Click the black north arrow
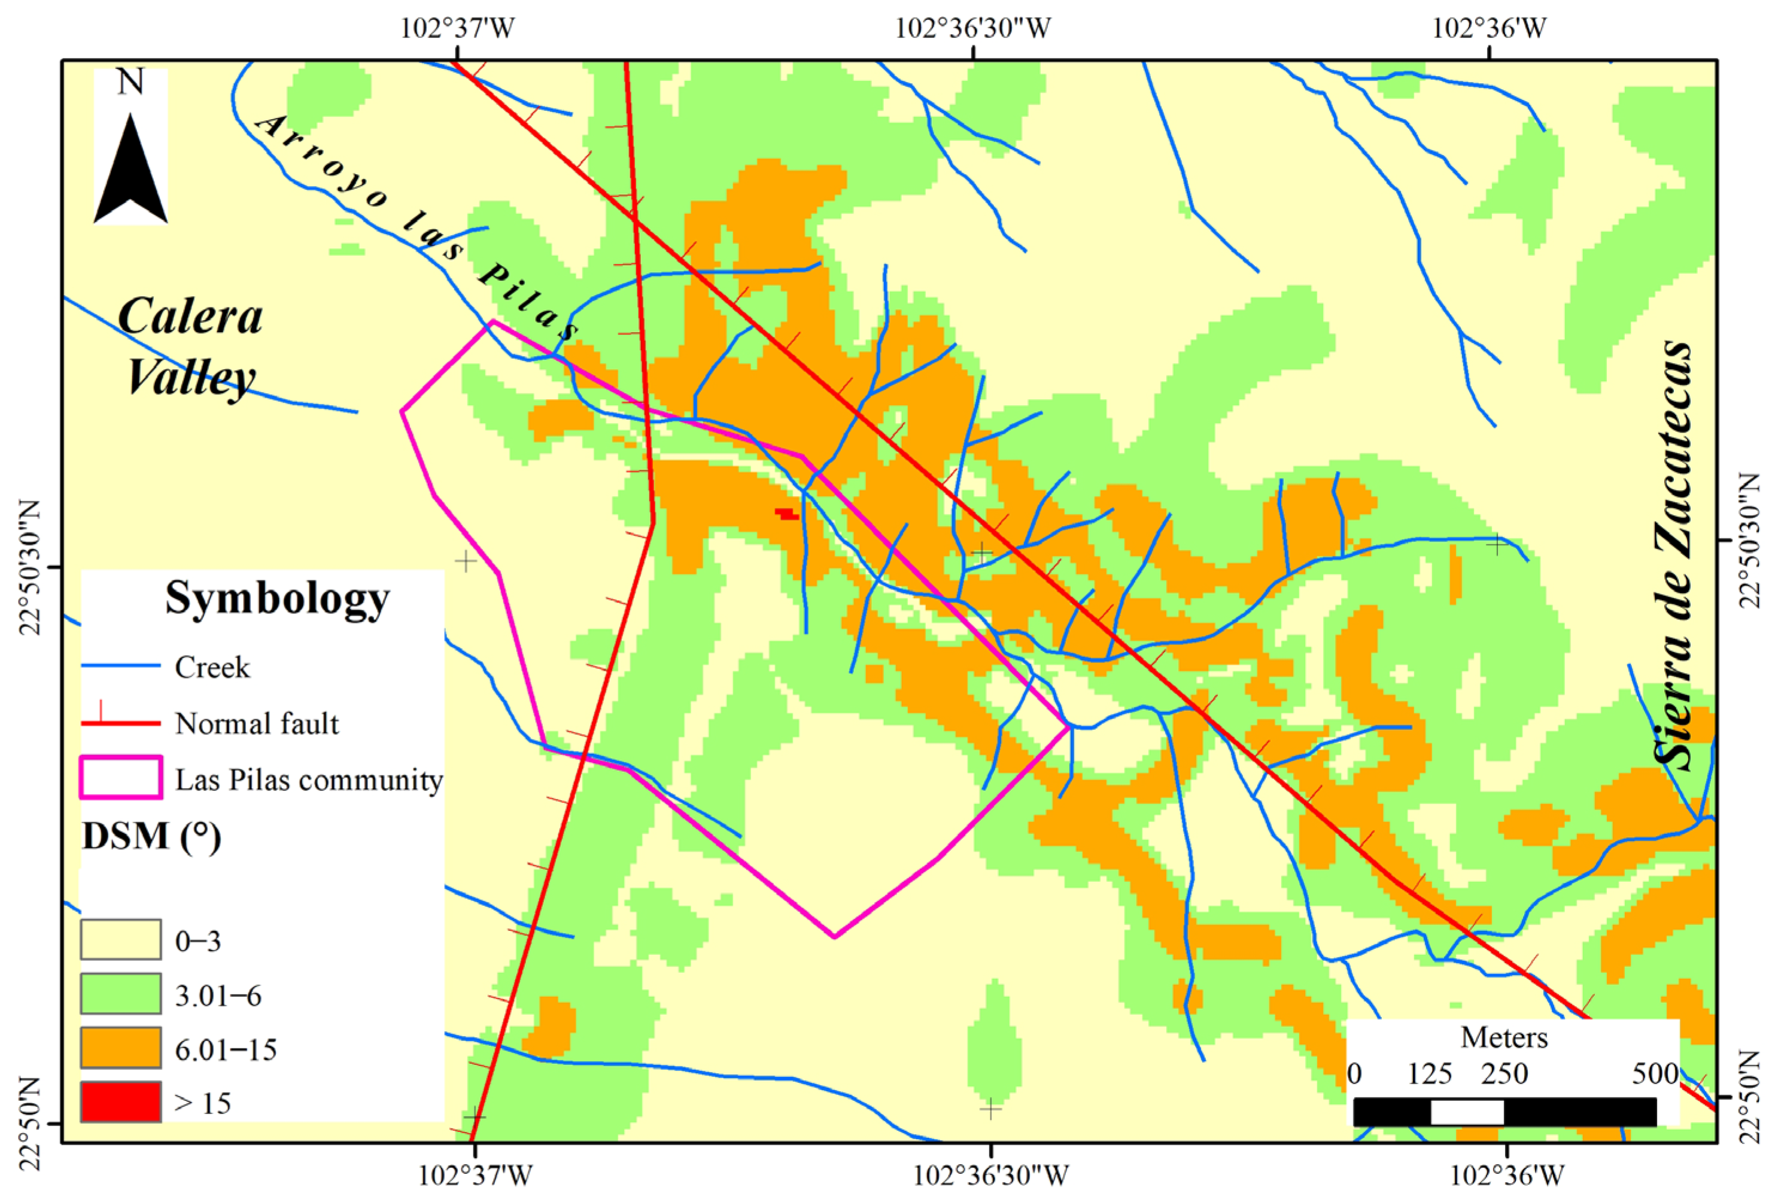pyautogui.click(x=131, y=172)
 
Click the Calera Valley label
pyautogui.click(x=189, y=346)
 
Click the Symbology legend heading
pyautogui.click(x=277, y=598)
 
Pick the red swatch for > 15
pyautogui.click(x=121, y=1101)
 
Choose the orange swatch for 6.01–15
pyautogui.click(x=121, y=1048)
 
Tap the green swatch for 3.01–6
pyautogui.click(x=121, y=993)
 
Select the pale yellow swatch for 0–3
pyautogui.click(x=121, y=939)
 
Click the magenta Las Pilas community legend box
pyautogui.click(x=121, y=777)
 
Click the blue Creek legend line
pyautogui.click(x=121, y=666)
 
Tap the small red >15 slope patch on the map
pyautogui.click(x=786, y=514)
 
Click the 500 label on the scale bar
pyautogui.click(x=1655, y=1074)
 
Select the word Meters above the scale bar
pyautogui.click(x=1504, y=1038)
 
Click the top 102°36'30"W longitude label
pyautogui.click(x=972, y=28)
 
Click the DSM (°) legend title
pyautogui.click(x=151, y=836)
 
